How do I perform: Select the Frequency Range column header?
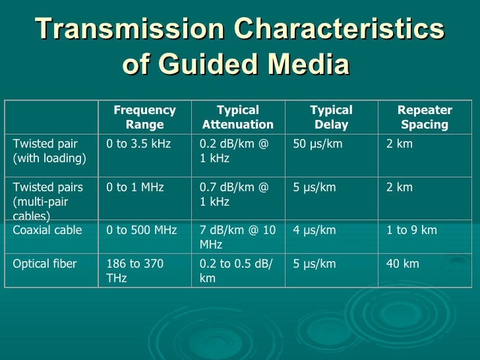[144, 117]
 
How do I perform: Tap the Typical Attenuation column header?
[237, 117]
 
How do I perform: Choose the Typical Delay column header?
[331, 117]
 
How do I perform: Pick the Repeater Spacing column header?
[425, 117]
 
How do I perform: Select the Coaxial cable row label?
[47, 230]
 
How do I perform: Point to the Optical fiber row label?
[45, 264]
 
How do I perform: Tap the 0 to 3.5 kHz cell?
[138, 144]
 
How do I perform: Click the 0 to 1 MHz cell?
[135, 187]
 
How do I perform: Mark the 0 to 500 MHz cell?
[142, 230]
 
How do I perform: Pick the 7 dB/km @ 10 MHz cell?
[237, 237]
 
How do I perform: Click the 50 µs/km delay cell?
[318, 144]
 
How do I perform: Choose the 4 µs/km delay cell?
[315, 230]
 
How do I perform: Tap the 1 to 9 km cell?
[411, 230]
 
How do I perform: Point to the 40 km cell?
[402, 264]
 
